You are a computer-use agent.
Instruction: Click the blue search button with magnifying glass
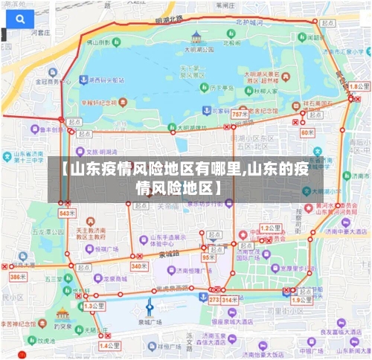point(18,19)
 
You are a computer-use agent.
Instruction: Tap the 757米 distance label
point(240,115)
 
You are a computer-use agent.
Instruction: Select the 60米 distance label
point(308,132)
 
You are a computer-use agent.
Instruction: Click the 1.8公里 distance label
point(359,87)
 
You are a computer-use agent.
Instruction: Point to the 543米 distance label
point(67,213)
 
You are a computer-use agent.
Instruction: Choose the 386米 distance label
point(17,277)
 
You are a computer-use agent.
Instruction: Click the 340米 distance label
point(139,266)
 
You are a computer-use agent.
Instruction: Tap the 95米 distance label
point(208,257)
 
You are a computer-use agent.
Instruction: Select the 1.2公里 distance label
point(270,228)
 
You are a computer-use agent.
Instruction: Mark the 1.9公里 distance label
point(301,300)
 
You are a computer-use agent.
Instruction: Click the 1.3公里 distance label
point(94,306)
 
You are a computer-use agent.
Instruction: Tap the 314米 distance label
point(230,300)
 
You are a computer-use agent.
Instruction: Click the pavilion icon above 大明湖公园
point(196,36)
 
